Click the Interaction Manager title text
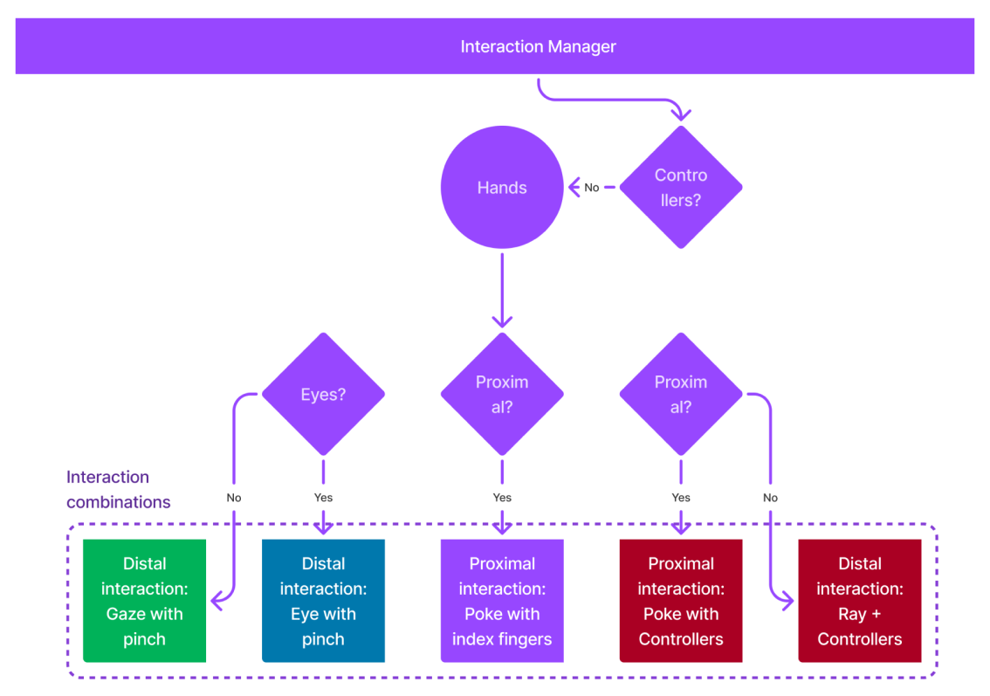point(538,46)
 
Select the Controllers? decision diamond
point(681,187)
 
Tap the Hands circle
point(502,187)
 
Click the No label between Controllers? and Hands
point(592,187)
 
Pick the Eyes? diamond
point(323,394)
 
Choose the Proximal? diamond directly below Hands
point(502,394)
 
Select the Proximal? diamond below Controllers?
point(681,394)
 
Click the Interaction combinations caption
point(119,489)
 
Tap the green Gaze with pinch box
point(144,601)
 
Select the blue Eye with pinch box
point(323,601)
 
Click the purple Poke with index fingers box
point(502,601)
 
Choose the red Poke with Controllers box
point(681,601)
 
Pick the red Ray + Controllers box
point(860,601)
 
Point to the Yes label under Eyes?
point(323,498)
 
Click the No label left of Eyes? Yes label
point(234,498)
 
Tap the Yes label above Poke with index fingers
point(502,498)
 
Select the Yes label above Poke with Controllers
point(681,498)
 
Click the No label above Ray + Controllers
point(770,498)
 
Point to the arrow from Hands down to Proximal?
point(502,288)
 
